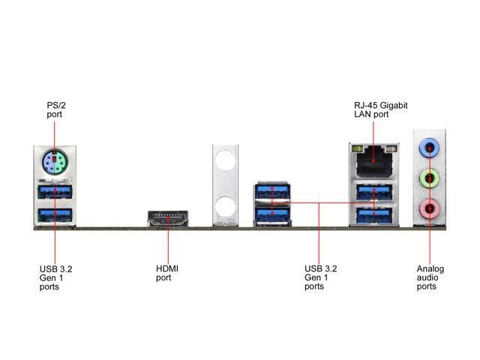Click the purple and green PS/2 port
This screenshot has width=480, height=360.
55,162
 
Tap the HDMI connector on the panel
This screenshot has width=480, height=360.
168,218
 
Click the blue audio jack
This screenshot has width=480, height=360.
429,148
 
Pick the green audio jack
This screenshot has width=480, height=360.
429,178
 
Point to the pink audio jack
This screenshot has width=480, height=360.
429,208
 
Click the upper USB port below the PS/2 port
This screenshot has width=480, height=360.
55,192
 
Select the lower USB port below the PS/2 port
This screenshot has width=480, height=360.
55,215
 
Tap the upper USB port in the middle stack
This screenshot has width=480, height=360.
272,192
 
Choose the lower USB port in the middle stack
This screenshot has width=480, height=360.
272,215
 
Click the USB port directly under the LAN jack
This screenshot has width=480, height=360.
374,192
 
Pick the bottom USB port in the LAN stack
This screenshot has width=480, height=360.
374,215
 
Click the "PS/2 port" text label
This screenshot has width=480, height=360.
56,109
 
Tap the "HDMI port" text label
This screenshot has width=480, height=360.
166,273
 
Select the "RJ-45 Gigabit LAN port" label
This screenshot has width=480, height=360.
381,109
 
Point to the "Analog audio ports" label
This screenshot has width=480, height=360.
430,277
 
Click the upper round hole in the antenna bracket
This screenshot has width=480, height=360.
225,160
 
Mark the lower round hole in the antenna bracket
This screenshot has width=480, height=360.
225,207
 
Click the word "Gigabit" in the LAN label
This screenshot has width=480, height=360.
394,106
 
